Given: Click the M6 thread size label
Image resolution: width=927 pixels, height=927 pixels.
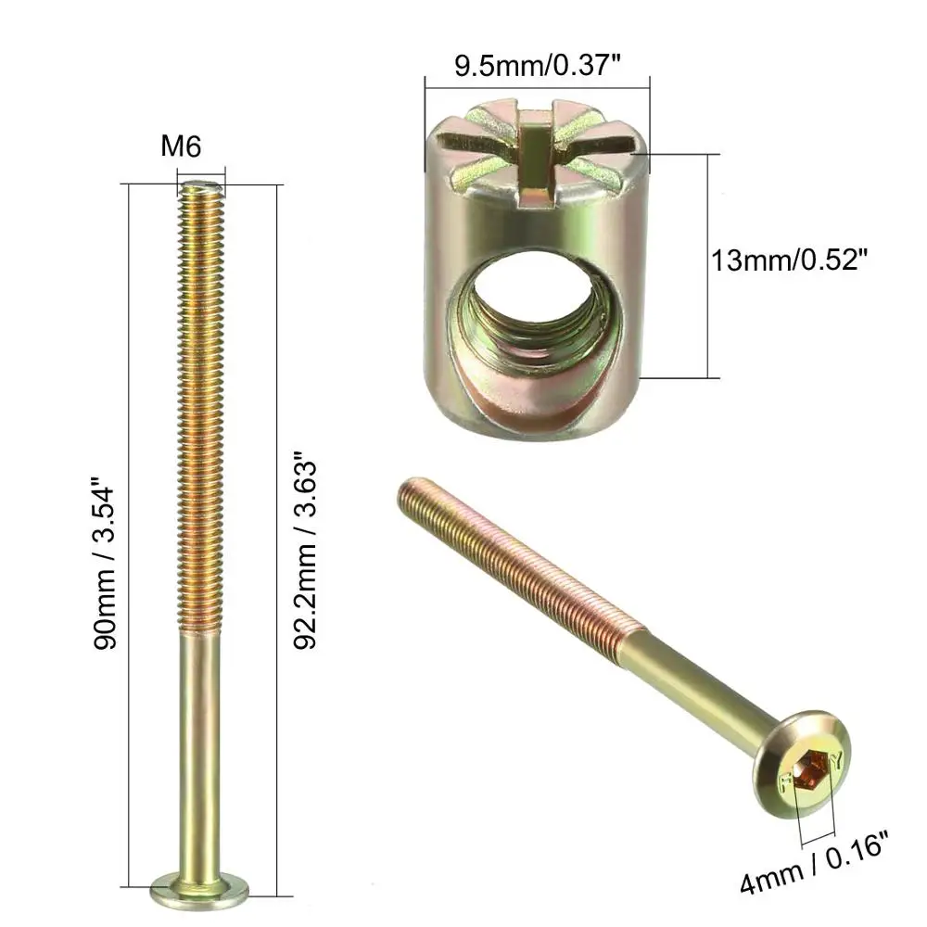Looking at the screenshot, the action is coord(181,146).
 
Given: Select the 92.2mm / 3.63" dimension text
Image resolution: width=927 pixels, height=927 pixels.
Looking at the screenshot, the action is coord(306,554).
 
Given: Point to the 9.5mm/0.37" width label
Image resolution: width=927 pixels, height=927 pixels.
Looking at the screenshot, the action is coord(538,65).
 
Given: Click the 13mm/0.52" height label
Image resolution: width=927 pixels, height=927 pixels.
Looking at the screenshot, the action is coord(789,260).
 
